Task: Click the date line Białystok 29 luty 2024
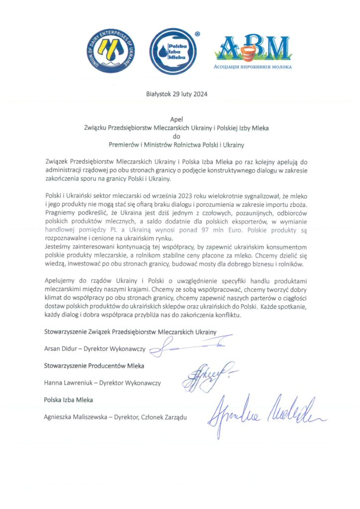coord(177,94)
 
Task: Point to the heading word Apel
coord(177,119)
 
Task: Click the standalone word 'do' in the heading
coord(177,137)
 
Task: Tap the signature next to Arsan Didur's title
coord(189,345)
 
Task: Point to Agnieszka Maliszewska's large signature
coord(266,415)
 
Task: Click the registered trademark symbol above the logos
coord(198,34)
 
